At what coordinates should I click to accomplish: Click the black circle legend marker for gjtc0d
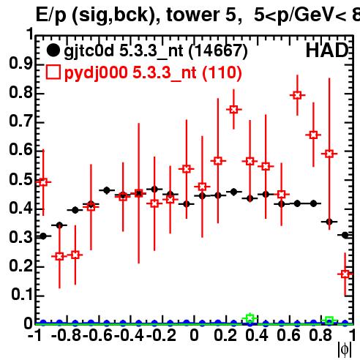coord(53,50)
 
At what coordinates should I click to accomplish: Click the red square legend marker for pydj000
coord(53,72)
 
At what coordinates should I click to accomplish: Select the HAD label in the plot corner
coord(327,50)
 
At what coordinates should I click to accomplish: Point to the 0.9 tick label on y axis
coord(20,64)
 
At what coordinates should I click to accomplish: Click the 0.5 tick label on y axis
coord(20,179)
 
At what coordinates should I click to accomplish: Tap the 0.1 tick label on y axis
coord(22,294)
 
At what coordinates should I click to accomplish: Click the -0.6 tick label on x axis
coord(98,335)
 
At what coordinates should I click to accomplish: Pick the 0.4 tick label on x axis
coord(257,335)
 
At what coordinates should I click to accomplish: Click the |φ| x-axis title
coord(345,350)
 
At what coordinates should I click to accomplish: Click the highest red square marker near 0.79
coord(297,95)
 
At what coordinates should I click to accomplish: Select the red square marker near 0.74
coord(233,110)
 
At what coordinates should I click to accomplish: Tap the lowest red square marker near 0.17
coord(345,274)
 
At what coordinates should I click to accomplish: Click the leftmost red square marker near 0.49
coord(43,182)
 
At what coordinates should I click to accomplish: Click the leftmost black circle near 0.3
coord(43,236)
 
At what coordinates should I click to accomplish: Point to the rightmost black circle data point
coord(345,235)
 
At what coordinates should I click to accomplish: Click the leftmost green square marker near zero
coord(250,318)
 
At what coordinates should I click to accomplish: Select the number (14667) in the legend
coord(218,51)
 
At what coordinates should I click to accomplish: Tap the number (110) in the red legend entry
coord(222,72)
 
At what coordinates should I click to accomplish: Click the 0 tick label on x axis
coord(194,335)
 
